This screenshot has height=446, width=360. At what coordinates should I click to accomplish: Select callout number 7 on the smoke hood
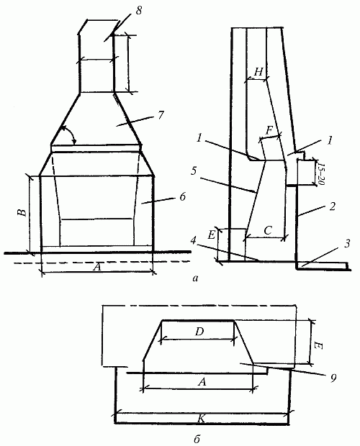click(x=161, y=115)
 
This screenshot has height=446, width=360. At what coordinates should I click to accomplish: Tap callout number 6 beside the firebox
click(x=182, y=196)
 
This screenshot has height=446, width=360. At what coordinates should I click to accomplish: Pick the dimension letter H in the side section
click(x=258, y=72)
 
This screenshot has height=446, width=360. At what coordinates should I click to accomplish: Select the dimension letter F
click(x=269, y=131)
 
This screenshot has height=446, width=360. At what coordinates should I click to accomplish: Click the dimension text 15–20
click(x=321, y=174)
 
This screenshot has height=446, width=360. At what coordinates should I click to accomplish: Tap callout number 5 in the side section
click(x=193, y=171)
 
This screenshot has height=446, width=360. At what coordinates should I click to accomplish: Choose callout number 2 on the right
click(x=333, y=206)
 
